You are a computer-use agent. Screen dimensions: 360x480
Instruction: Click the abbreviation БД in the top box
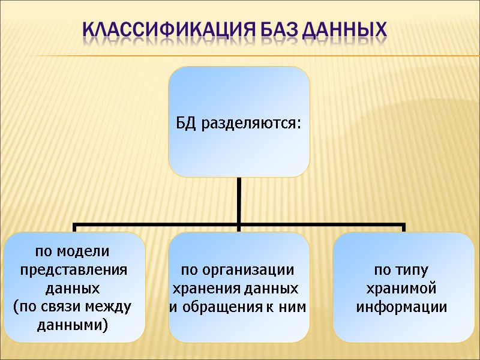(x=186, y=124)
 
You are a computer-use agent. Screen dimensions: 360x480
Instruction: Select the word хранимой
(x=402, y=289)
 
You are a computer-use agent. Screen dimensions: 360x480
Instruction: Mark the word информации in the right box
(x=402, y=307)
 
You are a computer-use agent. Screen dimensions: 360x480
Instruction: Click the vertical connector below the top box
(x=239, y=201)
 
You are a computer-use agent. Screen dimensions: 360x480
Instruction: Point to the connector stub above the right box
(x=404, y=229)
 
